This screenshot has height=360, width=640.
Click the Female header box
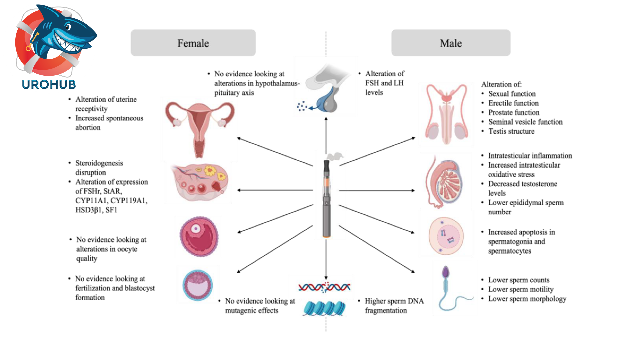click(x=193, y=43)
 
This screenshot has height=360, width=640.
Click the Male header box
click(x=451, y=43)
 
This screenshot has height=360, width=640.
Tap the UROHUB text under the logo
click(x=49, y=85)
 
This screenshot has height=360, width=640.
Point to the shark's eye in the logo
click(x=68, y=27)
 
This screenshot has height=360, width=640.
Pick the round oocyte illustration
click(x=199, y=236)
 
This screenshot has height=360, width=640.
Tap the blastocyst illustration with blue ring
click(x=198, y=285)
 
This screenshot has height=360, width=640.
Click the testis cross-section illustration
click(x=445, y=182)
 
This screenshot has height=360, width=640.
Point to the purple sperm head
click(x=446, y=272)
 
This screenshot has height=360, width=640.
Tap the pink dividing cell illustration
click(x=446, y=236)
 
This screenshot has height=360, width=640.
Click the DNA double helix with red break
click(x=324, y=287)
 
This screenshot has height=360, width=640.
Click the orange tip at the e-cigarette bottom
click(x=326, y=236)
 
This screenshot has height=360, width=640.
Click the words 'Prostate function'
click(x=514, y=113)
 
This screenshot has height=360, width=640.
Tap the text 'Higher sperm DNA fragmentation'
click(x=394, y=306)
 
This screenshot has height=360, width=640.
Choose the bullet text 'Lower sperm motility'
click(x=521, y=289)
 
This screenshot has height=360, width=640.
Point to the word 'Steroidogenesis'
click(x=99, y=163)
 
